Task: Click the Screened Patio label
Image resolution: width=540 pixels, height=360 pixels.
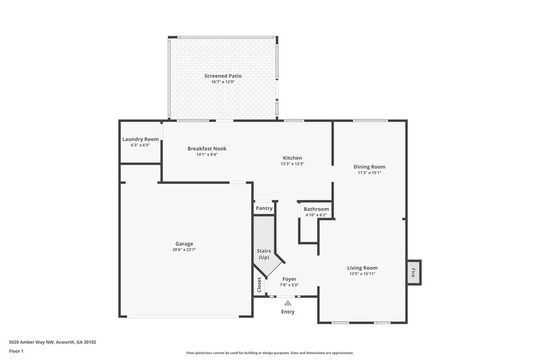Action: click(223, 76)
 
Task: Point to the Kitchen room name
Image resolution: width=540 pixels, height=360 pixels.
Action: click(292, 158)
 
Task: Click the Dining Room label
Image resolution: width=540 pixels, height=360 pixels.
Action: click(369, 166)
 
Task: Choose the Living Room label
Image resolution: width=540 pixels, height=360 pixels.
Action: click(362, 267)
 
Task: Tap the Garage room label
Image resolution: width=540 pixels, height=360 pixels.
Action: click(184, 244)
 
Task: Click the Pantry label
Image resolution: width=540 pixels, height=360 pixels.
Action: click(264, 208)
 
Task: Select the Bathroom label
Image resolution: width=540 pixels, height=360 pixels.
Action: click(316, 209)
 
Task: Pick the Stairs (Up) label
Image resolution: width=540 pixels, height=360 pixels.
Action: click(264, 254)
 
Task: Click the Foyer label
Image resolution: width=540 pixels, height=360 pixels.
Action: click(289, 279)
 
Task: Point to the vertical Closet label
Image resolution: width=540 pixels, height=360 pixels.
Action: click(259, 286)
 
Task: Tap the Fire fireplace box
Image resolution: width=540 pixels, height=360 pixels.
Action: click(413, 272)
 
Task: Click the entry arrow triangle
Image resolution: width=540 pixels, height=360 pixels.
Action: click(288, 303)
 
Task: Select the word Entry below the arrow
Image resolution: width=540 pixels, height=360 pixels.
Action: click(288, 312)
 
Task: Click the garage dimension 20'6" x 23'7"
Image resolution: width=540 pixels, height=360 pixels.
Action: click(184, 250)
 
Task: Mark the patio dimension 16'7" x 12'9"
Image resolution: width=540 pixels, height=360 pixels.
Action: click(223, 82)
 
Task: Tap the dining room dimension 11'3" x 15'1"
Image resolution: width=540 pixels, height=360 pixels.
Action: click(369, 172)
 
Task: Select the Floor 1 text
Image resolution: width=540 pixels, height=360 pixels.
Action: click(16, 352)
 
